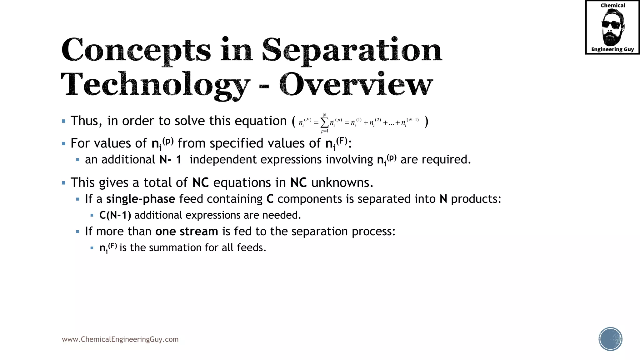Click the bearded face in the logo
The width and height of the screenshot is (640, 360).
tap(612, 27)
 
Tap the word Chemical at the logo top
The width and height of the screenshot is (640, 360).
tap(613, 5)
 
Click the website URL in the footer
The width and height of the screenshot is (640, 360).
tap(120, 339)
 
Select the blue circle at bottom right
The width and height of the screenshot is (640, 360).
tap(610, 339)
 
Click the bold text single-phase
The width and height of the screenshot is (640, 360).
tap(141, 199)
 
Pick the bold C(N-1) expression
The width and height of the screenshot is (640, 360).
tap(115, 215)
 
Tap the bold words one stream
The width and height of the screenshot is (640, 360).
tap(187, 232)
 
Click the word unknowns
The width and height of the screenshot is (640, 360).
tap(342, 183)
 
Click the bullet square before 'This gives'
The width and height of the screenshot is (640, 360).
tap(64, 183)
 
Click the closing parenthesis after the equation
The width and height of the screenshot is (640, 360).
tap(427, 121)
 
